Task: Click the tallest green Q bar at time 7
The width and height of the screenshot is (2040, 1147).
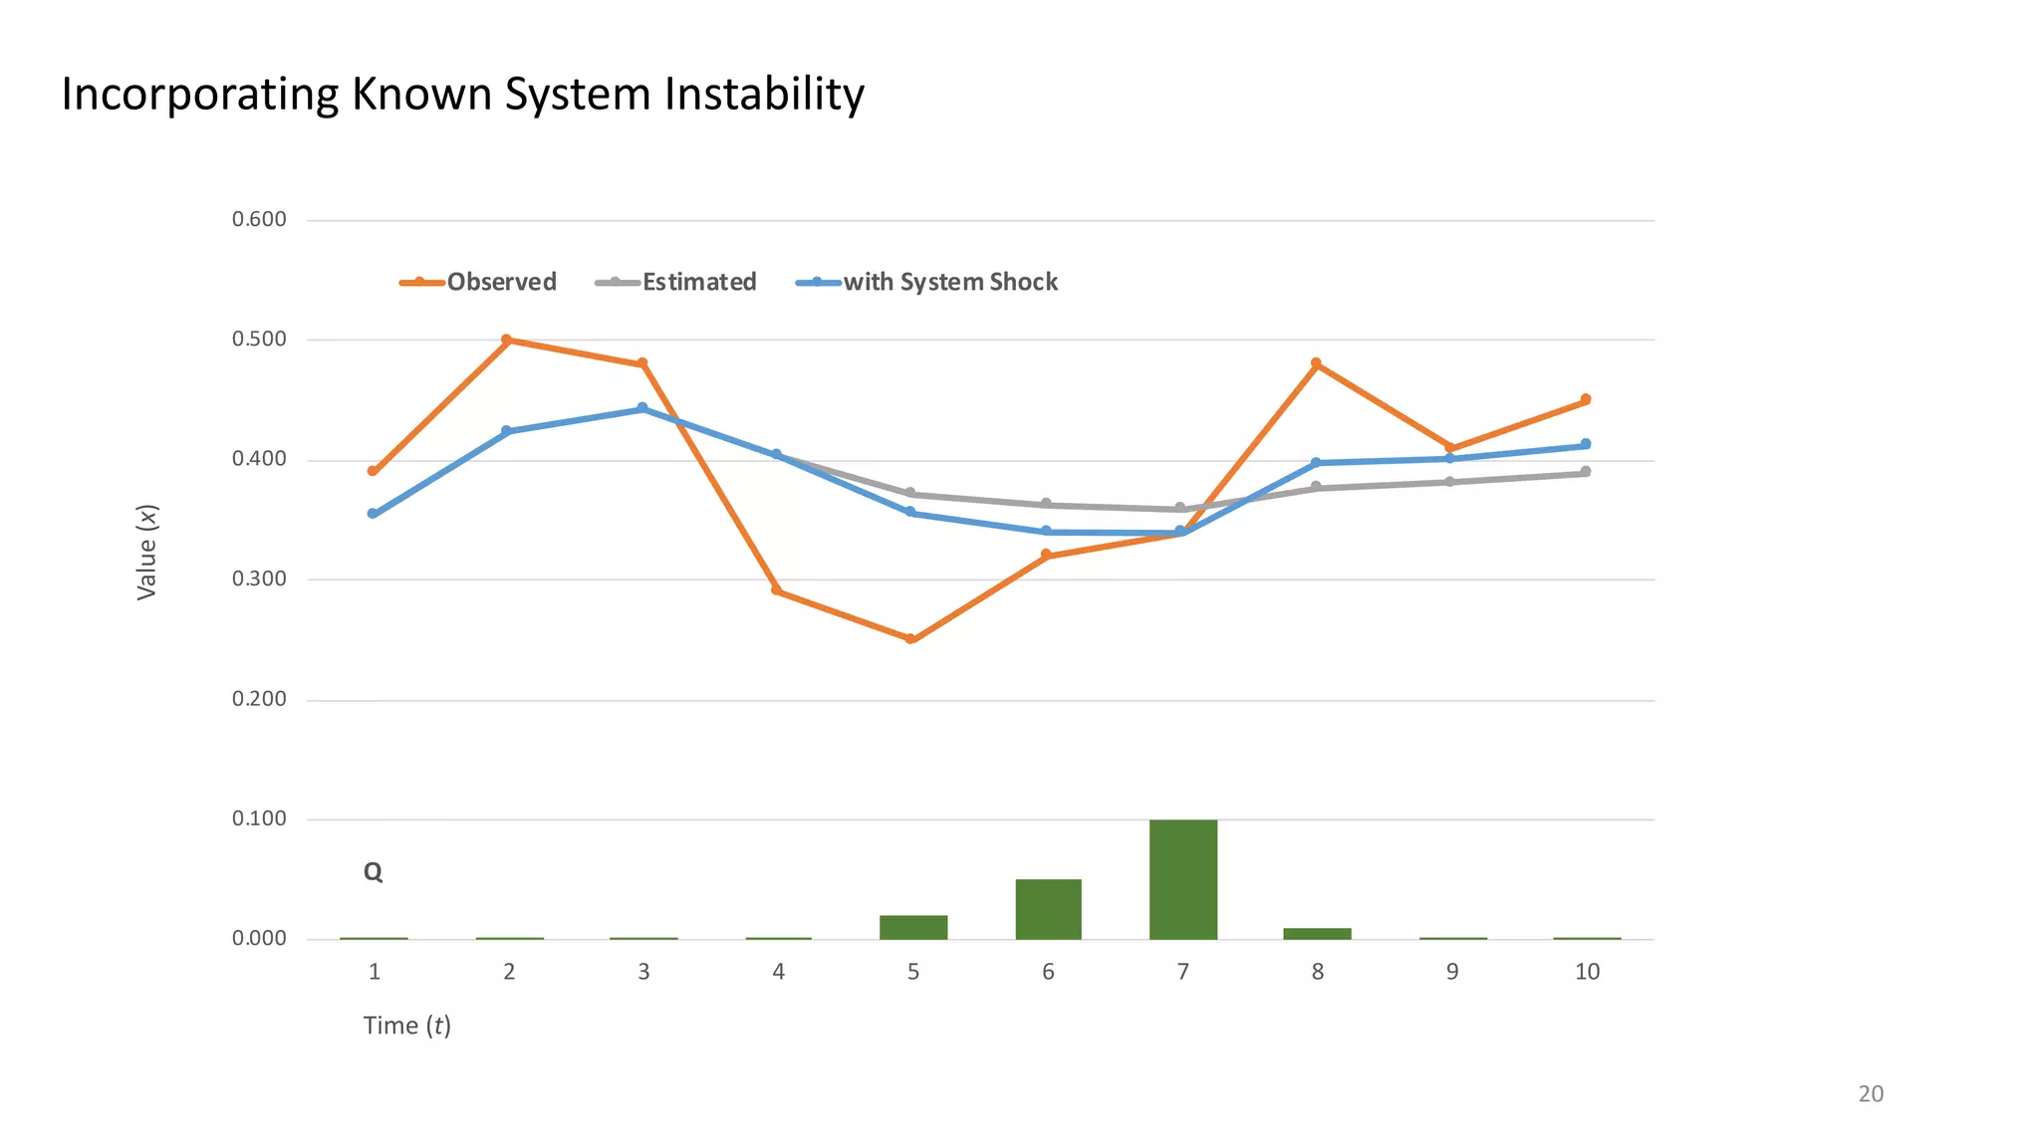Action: [1182, 879]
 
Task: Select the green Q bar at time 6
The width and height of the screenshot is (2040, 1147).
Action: [1048, 909]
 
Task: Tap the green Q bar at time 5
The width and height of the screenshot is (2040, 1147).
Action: [912, 927]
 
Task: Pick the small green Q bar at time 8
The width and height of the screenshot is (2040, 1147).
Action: [1317, 934]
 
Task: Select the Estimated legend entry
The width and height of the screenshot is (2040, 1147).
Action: [676, 282]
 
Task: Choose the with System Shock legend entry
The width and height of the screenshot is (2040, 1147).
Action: [927, 282]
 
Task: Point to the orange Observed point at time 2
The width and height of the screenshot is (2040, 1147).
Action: [506, 341]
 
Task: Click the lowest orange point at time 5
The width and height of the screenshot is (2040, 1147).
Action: [910, 639]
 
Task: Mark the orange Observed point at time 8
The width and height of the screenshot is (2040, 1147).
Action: [1316, 363]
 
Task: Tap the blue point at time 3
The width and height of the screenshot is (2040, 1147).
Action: [641, 408]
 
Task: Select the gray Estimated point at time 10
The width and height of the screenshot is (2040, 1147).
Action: [1585, 472]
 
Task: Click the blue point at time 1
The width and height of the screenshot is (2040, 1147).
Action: [373, 514]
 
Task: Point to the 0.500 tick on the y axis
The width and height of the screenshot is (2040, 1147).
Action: [259, 340]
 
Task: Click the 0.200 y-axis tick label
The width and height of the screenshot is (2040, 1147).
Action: [259, 699]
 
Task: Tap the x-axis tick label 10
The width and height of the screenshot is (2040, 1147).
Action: [1587, 972]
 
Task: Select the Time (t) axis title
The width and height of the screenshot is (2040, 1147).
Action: [406, 1026]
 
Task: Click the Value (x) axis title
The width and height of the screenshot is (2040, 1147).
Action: [146, 553]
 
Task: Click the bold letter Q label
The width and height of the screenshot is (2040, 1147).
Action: [373, 872]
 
